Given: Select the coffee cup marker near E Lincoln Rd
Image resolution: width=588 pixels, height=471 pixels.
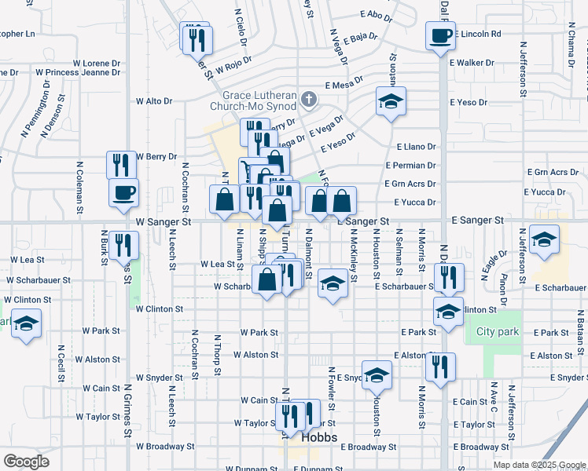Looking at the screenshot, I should (440, 35).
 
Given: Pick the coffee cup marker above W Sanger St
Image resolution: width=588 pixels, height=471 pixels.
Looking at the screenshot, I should (123, 193).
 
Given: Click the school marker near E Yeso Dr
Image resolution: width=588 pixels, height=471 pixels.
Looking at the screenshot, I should (391, 101).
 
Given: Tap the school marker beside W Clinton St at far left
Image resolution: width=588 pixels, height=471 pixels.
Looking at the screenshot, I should (26, 324).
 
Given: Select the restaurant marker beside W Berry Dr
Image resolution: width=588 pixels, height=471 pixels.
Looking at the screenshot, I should (121, 165).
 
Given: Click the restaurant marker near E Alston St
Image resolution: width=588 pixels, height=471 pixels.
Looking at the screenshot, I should (440, 366).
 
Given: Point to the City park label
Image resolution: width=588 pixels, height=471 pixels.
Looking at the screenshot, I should (498, 332).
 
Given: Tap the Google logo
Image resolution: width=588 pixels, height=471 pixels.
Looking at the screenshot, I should (26, 462).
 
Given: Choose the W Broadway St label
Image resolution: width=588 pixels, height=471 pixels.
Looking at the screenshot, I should (165, 447).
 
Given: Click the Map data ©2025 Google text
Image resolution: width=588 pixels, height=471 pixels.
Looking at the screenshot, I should (538, 465).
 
